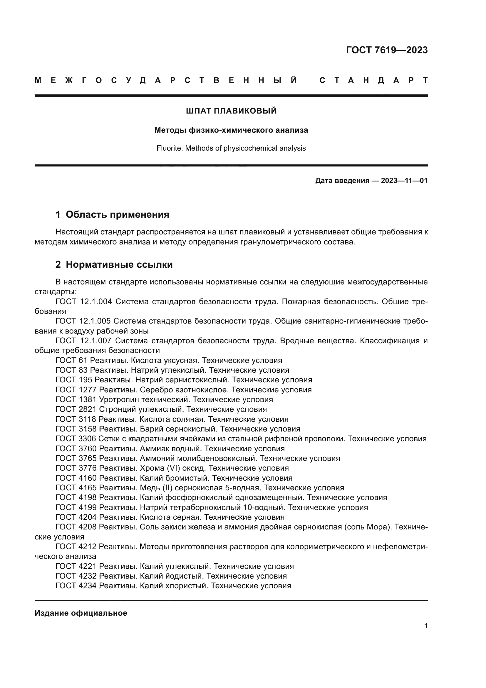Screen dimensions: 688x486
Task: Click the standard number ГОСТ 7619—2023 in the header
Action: coord(387,50)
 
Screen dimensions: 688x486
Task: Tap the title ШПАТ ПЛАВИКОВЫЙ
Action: coord(231,111)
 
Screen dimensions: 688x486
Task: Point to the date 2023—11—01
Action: coord(404,181)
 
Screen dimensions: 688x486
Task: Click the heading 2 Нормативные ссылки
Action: coord(114,265)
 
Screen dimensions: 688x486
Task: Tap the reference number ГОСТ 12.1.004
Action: coord(83,301)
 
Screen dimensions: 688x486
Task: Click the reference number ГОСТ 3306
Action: coord(76,439)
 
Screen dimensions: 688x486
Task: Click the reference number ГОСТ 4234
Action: coord(76,586)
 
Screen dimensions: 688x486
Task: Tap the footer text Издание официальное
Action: coord(81,613)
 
